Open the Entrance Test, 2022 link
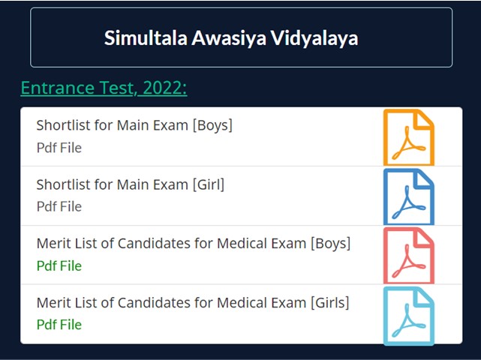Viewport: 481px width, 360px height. tap(104, 88)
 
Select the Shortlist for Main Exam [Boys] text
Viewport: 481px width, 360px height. tap(134, 125)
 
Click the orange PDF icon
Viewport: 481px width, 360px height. tap(409, 137)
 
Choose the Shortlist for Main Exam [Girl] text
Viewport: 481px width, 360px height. tap(131, 184)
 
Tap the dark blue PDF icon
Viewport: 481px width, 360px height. tap(409, 196)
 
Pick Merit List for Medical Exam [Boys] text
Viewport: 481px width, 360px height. tap(194, 244)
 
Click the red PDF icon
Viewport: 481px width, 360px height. tap(409, 256)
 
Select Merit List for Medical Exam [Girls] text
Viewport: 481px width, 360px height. tap(193, 303)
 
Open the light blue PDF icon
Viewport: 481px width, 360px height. tap(409, 316)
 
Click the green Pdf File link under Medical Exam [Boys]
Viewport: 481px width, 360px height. tap(59, 265)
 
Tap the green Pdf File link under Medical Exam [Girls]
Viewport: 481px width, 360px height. tap(59, 325)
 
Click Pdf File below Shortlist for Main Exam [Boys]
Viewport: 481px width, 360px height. tap(59, 148)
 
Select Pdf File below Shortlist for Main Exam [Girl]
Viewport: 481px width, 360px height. tap(59, 206)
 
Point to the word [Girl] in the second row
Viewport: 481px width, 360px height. tap(209, 184)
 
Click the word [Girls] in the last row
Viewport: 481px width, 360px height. tap(329, 303)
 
